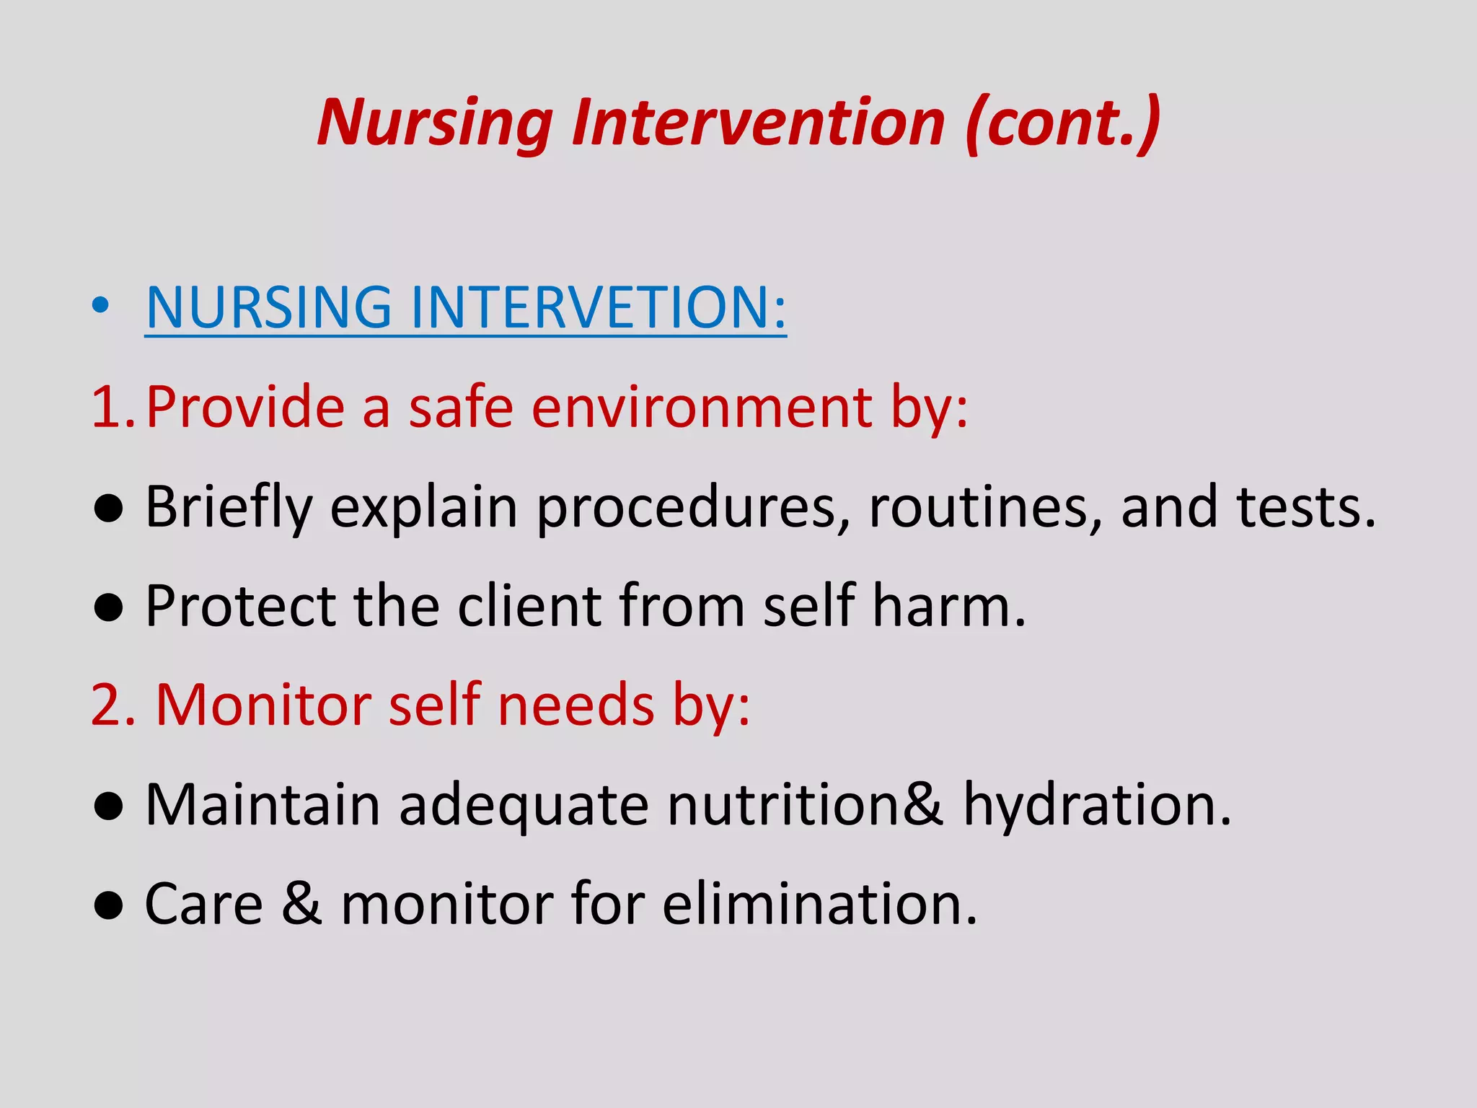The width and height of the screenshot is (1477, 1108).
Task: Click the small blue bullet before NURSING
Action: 101,306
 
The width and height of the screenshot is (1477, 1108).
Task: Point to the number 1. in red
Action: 113,408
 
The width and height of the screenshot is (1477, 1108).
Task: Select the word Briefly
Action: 229,507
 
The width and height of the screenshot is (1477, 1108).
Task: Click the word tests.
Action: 1305,507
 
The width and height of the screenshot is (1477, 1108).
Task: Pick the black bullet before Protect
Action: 109,607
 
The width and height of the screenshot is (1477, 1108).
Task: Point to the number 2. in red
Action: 113,705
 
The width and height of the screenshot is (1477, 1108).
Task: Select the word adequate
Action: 524,806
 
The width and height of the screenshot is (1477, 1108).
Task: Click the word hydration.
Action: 1097,804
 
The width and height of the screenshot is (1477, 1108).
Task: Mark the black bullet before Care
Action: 109,905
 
